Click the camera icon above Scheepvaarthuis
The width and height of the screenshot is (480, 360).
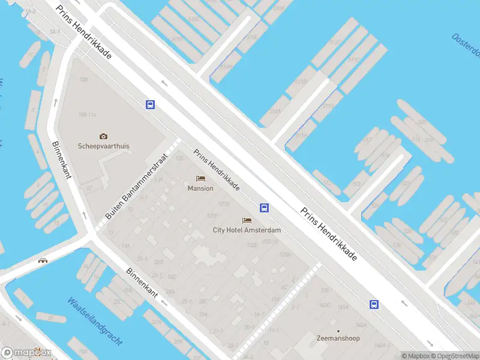click(x=103, y=136)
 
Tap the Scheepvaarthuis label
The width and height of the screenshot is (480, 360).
click(x=104, y=146)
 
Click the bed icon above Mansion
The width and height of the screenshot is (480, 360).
click(x=200, y=178)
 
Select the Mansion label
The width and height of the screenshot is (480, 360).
click(x=200, y=188)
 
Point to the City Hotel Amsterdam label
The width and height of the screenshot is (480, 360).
click(x=247, y=230)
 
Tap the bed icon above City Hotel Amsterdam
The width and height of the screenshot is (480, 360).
click(x=247, y=221)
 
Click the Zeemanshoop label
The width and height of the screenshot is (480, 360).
click(x=338, y=338)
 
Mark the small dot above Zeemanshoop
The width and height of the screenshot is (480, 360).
click(x=338, y=331)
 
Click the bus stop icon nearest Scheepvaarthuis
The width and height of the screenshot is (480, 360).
click(x=150, y=104)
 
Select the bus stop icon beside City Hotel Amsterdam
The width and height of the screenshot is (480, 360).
click(x=264, y=208)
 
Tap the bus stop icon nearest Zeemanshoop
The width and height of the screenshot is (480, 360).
click(x=374, y=304)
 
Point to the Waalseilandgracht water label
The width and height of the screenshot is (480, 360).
click(x=94, y=321)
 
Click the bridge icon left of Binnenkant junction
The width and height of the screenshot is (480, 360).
click(x=43, y=260)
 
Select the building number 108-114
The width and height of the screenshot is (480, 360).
click(x=88, y=115)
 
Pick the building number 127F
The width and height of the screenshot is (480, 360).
click(x=212, y=216)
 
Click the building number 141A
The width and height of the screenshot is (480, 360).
click(x=343, y=307)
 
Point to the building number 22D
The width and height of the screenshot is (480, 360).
click(x=158, y=262)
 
